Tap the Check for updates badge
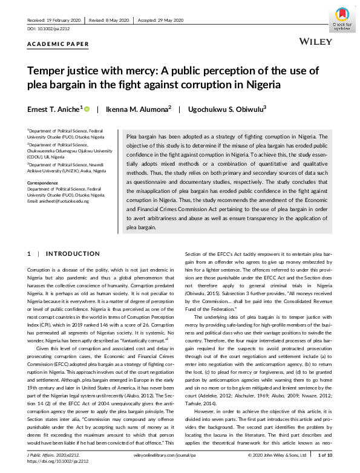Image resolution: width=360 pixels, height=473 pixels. pyautogui.click(x=341, y=18)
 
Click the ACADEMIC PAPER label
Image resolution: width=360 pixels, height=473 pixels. pyautogui.click(x=58, y=44)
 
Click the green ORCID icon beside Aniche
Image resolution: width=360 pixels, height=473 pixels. pyautogui.click(x=87, y=109)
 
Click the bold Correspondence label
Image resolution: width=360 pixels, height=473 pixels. pyautogui.click(x=45, y=182)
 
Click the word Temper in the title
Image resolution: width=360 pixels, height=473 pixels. pyautogui.click(x=48, y=71)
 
